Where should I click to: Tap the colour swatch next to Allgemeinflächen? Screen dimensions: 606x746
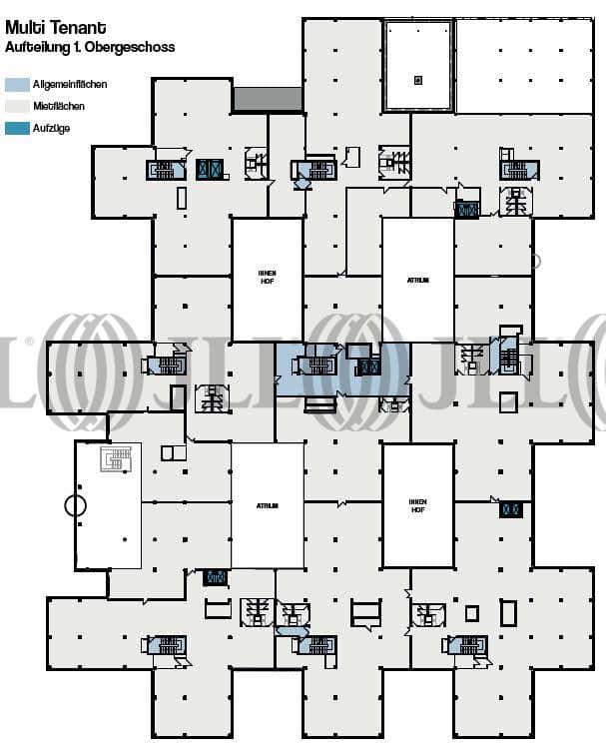[x=17, y=85]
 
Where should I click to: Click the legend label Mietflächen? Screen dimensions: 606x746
[x=59, y=105]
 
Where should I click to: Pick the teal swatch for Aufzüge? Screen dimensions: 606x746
[x=17, y=128]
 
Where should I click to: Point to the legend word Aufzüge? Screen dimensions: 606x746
[x=52, y=128]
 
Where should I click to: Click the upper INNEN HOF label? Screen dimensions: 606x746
[x=267, y=275]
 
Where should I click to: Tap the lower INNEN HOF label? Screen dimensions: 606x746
[x=418, y=504]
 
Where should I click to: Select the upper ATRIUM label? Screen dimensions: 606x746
[x=417, y=281]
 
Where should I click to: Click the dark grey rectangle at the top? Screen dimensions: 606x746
[x=268, y=99]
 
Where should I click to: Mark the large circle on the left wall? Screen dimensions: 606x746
[x=75, y=505]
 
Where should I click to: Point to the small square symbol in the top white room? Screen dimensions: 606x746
[x=418, y=80]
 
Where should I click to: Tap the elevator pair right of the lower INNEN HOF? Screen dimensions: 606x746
[x=511, y=509]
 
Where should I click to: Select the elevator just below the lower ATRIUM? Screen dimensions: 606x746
[x=215, y=577]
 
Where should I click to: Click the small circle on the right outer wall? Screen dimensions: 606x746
[x=535, y=262]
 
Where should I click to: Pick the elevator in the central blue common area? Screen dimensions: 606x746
[x=368, y=367]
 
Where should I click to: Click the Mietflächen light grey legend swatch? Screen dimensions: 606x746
[x=17, y=105]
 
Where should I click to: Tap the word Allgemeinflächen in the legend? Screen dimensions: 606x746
[x=71, y=85]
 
